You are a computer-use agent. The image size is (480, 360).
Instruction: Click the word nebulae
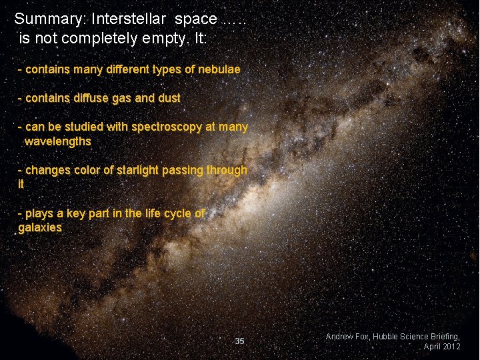pos(217,69)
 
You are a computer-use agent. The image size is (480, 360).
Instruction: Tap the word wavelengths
pos(58,141)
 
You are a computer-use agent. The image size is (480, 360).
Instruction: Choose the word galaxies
pos(40,227)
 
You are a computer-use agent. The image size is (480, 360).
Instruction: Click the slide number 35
pos(240,341)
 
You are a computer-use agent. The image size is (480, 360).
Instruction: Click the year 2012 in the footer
pos(451,347)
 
